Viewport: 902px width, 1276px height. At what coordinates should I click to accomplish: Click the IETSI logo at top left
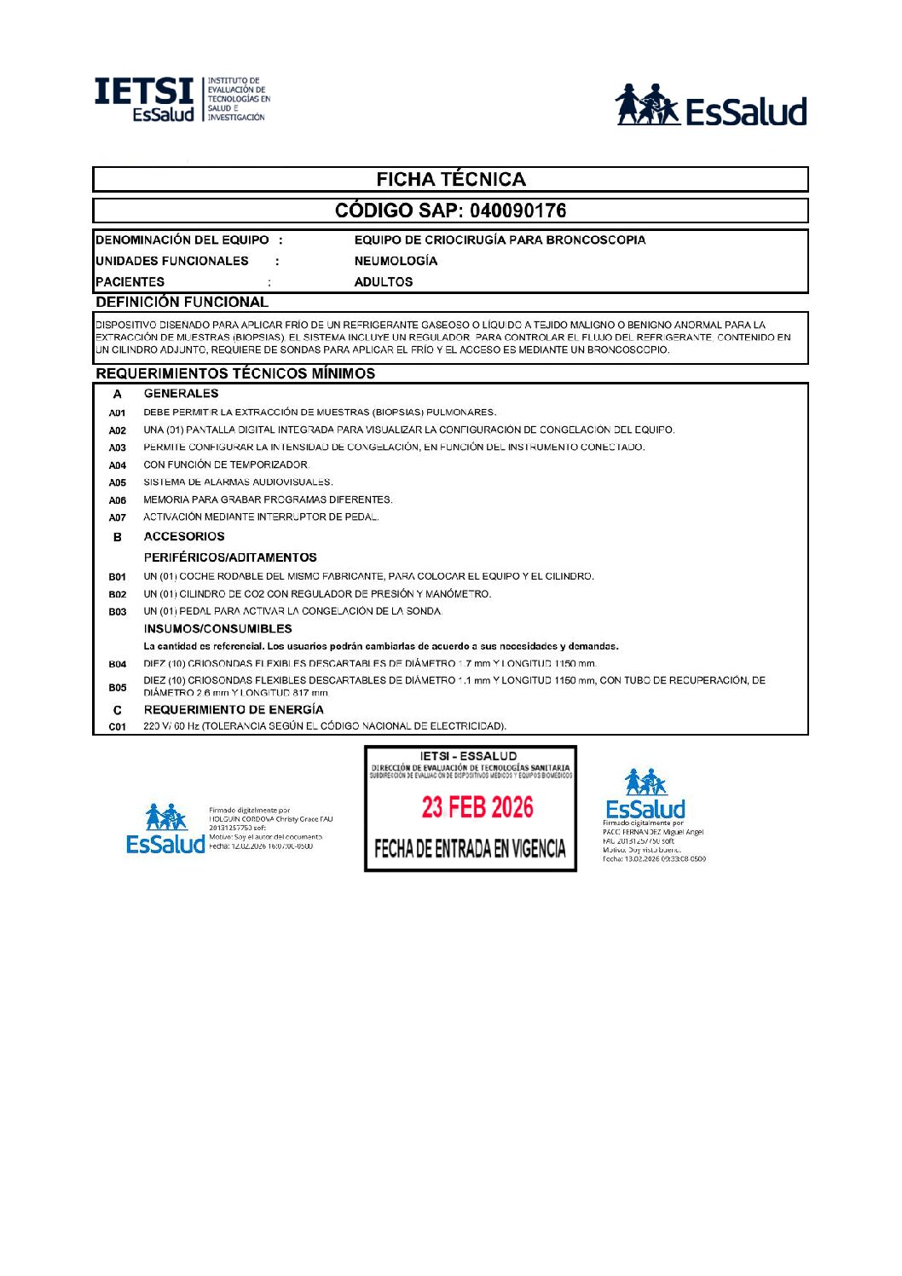(182, 100)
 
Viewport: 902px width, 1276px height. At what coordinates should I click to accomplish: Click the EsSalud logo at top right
(711, 106)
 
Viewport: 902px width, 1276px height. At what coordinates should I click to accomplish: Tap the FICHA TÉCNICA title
(451, 179)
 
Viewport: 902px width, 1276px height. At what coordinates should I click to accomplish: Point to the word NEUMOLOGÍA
(396, 261)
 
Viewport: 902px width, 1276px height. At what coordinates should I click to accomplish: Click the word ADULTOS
(384, 281)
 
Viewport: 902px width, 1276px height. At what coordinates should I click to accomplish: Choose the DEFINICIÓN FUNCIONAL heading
(182, 302)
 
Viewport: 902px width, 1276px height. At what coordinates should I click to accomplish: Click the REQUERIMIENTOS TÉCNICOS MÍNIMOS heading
(235, 373)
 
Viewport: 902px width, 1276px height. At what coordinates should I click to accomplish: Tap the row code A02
(118, 430)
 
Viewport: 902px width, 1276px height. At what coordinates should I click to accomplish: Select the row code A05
(118, 482)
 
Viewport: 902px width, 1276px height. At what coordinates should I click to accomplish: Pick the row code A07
(118, 517)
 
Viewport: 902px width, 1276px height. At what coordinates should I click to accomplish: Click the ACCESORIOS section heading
(184, 536)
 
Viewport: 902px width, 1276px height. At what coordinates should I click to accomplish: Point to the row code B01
(118, 577)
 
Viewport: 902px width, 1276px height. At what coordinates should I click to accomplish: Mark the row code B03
(118, 612)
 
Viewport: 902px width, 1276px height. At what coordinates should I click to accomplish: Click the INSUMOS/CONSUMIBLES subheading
(217, 629)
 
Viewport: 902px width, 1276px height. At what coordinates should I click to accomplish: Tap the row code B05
(118, 687)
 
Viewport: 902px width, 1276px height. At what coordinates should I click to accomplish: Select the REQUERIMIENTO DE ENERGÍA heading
(234, 709)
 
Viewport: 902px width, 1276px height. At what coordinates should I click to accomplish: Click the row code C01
(118, 727)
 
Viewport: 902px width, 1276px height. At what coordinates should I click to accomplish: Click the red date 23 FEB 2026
(477, 807)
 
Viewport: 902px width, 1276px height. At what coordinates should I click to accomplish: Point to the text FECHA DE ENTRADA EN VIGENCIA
(470, 848)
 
